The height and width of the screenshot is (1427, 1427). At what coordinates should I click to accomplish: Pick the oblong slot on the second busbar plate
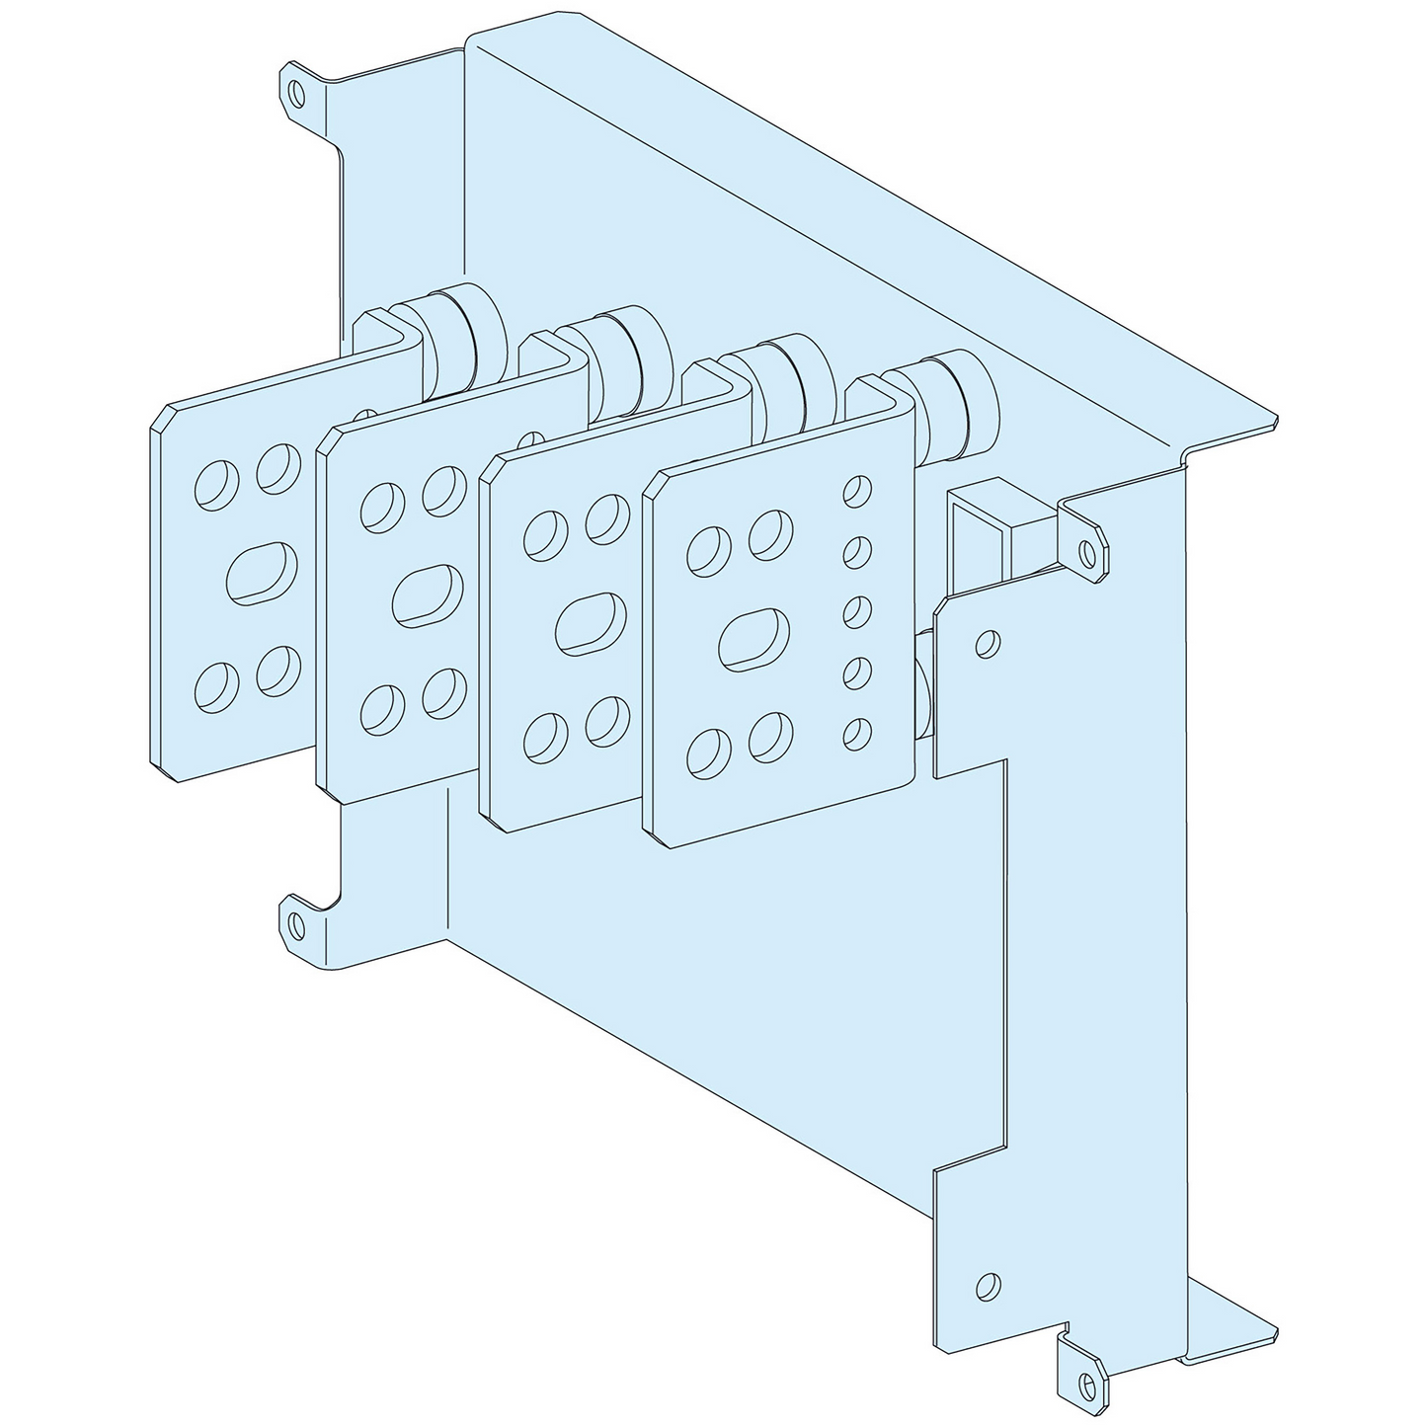pos(427,595)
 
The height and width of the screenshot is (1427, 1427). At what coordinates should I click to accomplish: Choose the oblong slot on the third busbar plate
pos(591,623)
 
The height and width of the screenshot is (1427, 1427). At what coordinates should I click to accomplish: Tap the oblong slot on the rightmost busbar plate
pos(754,639)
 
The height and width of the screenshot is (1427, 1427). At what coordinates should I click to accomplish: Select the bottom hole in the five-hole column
pos(857,732)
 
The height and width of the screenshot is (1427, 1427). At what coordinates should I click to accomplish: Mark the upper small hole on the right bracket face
pos(986,644)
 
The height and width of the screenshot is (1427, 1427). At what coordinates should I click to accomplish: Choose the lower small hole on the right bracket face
pos(985,1285)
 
